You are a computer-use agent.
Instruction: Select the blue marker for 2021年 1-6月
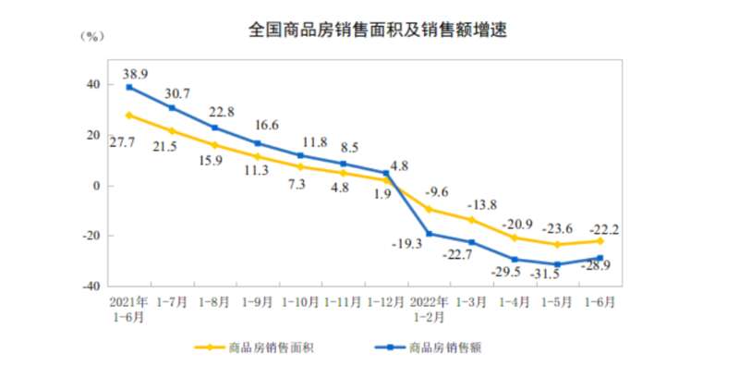[129, 87]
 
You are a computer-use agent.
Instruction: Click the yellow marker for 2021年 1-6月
[129, 116]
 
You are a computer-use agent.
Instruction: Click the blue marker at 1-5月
[557, 264]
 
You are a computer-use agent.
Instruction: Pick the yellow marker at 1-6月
[600, 241]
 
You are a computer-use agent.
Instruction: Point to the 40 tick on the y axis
[93, 85]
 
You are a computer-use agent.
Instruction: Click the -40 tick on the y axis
[90, 287]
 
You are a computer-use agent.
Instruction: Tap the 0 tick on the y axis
[97, 186]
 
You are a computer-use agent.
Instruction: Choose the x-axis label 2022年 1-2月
[429, 309]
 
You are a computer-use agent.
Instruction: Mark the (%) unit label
[91, 37]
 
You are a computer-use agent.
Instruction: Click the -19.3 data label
[410, 244]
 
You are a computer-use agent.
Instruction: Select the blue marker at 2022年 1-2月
[429, 234]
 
